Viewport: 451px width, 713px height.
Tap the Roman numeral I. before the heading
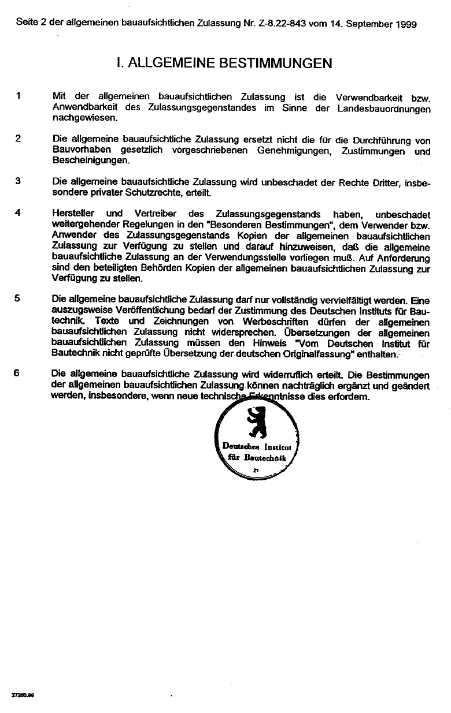pos(119,63)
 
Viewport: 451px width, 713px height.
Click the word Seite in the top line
pos(28,24)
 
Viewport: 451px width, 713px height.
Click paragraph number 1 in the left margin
pos(19,96)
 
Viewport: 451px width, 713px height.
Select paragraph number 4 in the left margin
pos(19,212)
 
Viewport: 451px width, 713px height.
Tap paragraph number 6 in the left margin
pos(19,373)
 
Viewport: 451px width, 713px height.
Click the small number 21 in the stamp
pos(255,472)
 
